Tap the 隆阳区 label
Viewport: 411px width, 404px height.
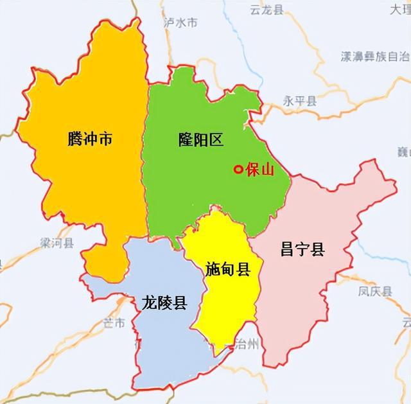200,139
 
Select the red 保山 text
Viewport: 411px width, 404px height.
260,170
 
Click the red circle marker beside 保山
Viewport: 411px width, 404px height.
238,170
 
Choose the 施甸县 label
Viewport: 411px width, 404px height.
227,269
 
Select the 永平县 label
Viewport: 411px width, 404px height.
300,101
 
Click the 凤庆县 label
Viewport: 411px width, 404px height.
375,291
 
